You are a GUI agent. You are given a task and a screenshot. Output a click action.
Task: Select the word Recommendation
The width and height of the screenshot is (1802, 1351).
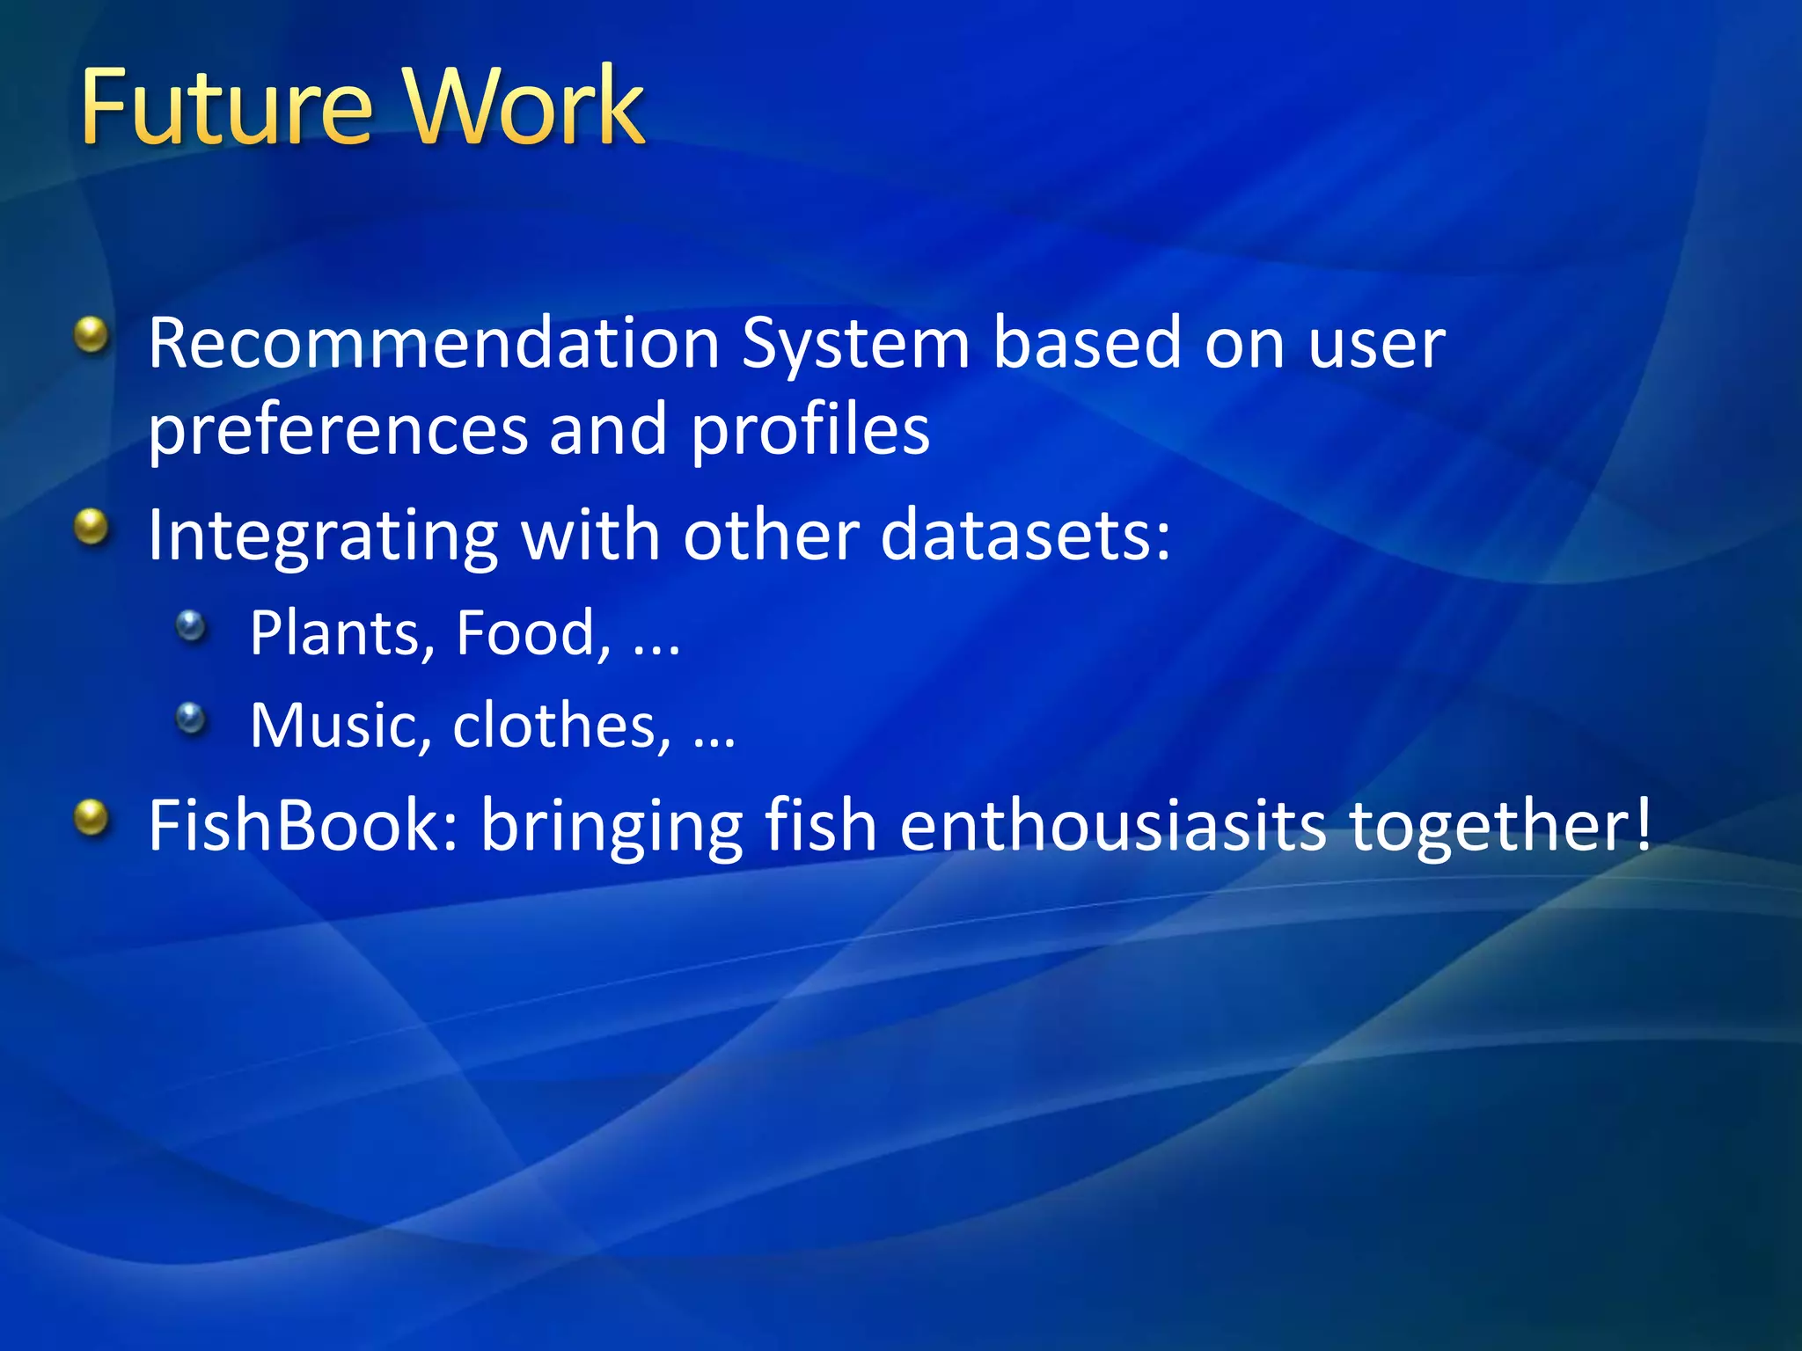tap(434, 343)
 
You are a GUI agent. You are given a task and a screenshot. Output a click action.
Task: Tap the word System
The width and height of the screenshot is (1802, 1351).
tap(854, 345)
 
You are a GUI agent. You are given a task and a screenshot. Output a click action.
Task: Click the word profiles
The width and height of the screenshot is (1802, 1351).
tap(809, 431)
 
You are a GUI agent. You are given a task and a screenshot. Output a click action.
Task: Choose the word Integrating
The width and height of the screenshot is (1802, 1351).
tap(323, 537)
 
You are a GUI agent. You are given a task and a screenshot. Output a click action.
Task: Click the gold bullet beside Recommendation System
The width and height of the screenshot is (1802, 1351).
tap(91, 335)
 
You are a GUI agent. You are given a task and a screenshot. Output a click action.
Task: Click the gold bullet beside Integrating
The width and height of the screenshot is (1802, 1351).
tap(91, 528)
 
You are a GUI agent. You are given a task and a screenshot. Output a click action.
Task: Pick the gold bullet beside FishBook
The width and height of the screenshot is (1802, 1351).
tap(91, 818)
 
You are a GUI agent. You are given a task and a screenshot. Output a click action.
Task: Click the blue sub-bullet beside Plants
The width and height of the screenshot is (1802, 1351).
tap(190, 626)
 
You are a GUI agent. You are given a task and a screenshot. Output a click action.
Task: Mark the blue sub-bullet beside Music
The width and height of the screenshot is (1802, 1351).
tap(190, 719)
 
